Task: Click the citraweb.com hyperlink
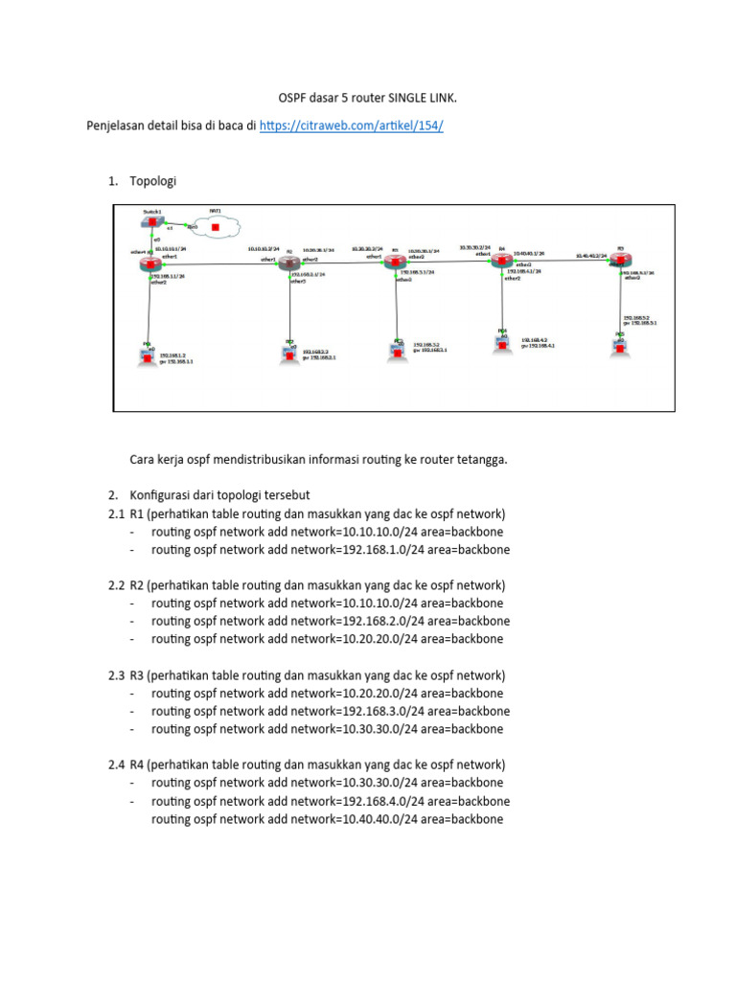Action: tap(352, 125)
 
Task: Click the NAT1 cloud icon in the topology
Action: tap(216, 227)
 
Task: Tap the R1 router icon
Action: tap(149, 265)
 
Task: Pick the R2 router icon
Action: tap(289, 265)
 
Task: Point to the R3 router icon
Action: tap(395, 262)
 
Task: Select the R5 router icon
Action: tap(621, 265)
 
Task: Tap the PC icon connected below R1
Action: tap(148, 355)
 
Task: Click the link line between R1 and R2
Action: tap(220, 264)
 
